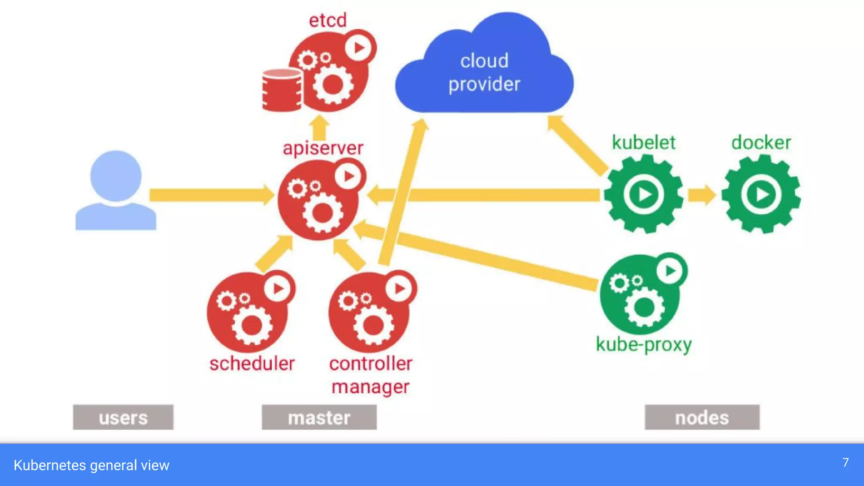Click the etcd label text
[328, 20]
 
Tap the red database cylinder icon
[282, 90]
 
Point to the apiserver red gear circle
[321, 200]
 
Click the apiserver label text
[323, 148]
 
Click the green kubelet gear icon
[643, 194]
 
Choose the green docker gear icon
[761, 194]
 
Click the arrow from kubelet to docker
[702, 195]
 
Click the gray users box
[123, 417]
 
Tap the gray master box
[319, 417]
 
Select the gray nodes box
[702, 417]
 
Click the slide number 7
[845, 463]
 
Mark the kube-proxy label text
[643, 345]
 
